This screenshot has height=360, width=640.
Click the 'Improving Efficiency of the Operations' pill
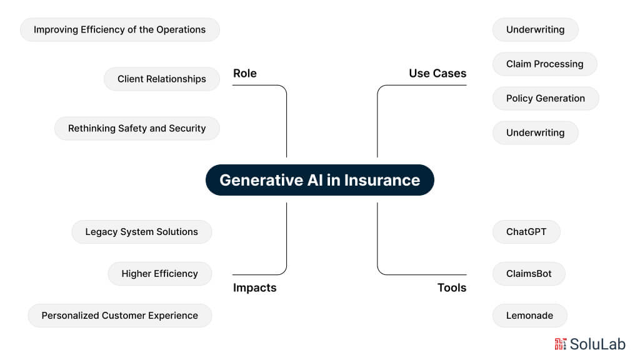[x=119, y=29]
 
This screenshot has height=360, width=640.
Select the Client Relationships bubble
[x=162, y=79]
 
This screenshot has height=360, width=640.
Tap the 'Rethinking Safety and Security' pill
[x=137, y=128]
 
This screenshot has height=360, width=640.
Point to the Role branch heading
[x=245, y=73]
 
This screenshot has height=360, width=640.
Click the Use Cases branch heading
[x=437, y=73]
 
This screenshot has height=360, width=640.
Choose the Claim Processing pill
[x=544, y=64]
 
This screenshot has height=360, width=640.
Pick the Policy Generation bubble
[x=545, y=98]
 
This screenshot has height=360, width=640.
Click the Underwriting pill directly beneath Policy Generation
[x=535, y=132]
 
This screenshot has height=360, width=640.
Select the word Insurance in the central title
[x=381, y=180]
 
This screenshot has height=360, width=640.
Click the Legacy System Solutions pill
[x=141, y=231]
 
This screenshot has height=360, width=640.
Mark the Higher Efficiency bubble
[x=159, y=273]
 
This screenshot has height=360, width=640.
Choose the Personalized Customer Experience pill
[x=119, y=315]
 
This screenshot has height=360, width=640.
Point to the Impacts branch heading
[x=254, y=287]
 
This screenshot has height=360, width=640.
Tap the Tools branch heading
[x=451, y=287]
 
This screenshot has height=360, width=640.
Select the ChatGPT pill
[x=526, y=231]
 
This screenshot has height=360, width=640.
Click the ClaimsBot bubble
[x=529, y=273]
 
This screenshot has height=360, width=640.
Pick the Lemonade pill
[x=529, y=315]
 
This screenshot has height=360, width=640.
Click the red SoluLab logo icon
[x=560, y=343]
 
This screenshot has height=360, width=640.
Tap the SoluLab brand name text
[x=597, y=343]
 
